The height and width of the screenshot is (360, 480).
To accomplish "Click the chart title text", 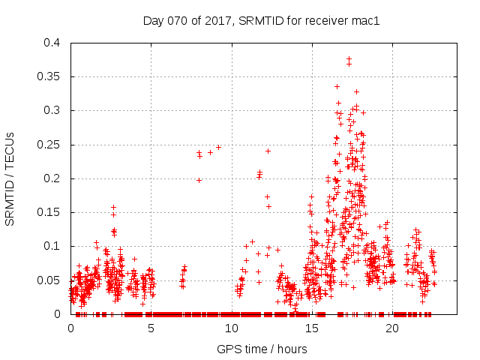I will pos(262,21).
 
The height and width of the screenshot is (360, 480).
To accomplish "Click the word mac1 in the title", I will pos(366,21).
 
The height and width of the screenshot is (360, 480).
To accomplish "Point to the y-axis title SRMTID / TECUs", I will pos(10,178).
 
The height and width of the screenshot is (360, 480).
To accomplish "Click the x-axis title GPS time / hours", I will pos(262,349).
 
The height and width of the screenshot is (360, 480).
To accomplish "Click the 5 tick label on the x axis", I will pos(151,328).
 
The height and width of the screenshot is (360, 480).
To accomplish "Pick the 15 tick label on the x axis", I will pos(311,328).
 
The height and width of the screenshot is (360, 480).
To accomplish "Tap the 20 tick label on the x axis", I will pos(391,328).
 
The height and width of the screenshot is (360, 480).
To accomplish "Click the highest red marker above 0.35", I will pos(349,58).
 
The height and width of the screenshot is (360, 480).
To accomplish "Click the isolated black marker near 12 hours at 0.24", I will pos(268,151).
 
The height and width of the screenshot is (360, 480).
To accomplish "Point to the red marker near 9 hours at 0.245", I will pos(218,147).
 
